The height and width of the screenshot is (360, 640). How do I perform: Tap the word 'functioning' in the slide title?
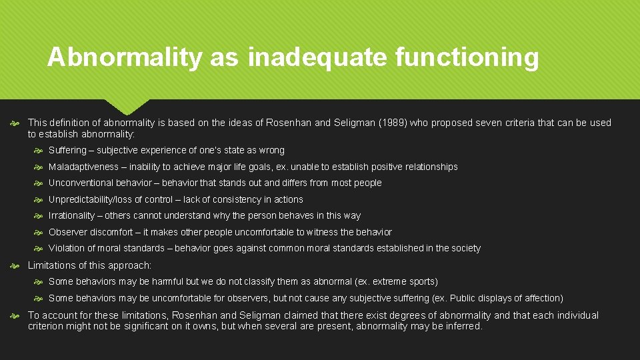tap(467, 57)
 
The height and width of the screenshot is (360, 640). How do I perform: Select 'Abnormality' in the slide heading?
tap(123, 57)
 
